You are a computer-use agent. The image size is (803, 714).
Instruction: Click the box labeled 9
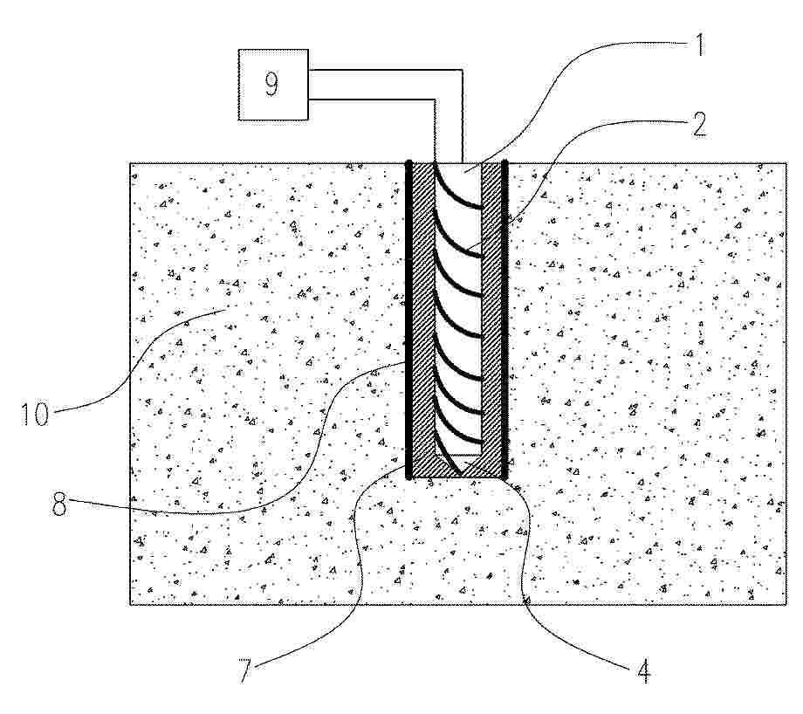click(x=273, y=85)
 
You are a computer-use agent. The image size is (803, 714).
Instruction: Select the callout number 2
click(x=699, y=124)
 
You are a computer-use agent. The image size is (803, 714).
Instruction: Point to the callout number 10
click(x=35, y=414)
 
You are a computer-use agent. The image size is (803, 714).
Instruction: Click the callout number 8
click(x=59, y=504)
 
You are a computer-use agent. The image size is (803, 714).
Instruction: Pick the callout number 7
click(x=245, y=671)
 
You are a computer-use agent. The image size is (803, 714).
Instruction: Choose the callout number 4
click(x=644, y=671)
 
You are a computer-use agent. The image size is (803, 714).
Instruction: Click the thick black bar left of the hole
click(x=408, y=320)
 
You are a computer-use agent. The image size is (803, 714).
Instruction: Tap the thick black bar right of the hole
click(x=504, y=320)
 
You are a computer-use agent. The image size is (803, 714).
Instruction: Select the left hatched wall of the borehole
click(x=422, y=312)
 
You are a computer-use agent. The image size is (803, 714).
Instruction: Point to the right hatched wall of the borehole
click(x=491, y=312)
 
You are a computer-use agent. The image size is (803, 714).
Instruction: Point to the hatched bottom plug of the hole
click(x=456, y=467)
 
